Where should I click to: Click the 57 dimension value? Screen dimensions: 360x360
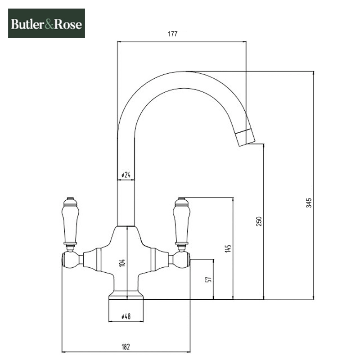[207, 279]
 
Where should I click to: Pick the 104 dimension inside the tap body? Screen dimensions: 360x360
[122, 263]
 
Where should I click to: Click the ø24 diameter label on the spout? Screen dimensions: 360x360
[126, 175]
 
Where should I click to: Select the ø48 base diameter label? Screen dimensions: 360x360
[126, 316]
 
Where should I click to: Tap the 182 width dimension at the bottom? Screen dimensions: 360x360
[126, 346]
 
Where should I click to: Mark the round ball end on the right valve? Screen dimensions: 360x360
[183, 259]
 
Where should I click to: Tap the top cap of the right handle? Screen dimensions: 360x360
[182, 199]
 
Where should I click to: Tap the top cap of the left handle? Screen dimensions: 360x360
[69, 199]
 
